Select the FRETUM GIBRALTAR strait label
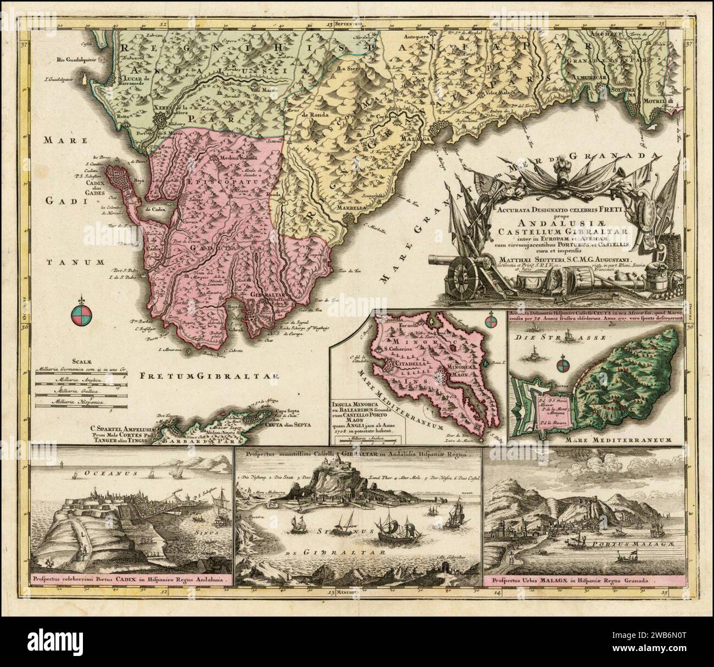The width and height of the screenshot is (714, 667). tap(209, 377)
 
